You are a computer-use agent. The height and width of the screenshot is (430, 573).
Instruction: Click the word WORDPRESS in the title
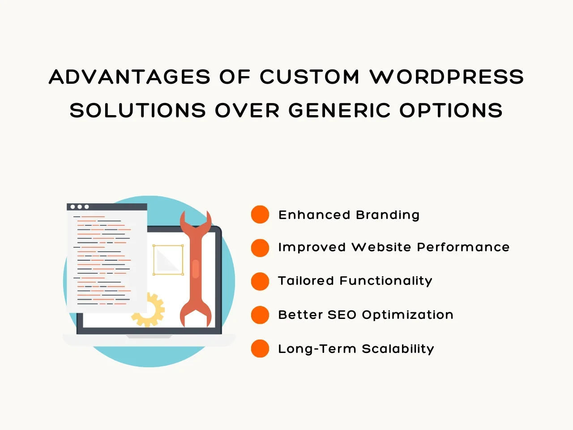tap(447, 77)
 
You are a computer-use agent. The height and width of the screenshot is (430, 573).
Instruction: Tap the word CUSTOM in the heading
tap(310, 77)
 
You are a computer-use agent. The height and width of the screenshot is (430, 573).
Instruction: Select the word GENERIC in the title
tap(339, 110)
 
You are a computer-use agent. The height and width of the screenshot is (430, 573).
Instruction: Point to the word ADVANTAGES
tap(129, 77)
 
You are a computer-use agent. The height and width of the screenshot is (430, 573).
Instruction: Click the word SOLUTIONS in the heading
tap(138, 110)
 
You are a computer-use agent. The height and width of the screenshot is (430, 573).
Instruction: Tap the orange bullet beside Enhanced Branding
tap(260, 215)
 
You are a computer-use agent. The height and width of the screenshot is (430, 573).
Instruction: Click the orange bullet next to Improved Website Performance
tap(260, 248)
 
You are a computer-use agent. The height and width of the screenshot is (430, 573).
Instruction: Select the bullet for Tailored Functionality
tap(260, 281)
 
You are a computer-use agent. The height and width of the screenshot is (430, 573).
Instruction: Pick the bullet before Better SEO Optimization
tap(260, 315)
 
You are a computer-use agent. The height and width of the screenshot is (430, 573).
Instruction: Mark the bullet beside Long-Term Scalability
tap(260, 348)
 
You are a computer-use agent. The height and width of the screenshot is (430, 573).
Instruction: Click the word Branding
tap(388, 215)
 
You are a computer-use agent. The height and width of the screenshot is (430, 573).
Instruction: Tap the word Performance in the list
tap(463, 247)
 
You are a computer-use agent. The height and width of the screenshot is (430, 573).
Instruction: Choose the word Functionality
tap(386, 281)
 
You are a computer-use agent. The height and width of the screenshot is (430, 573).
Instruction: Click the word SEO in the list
tap(342, 315)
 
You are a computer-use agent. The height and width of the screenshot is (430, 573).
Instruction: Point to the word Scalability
tap(398, 349)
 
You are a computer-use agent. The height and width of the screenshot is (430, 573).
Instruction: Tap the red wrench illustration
tap(196, 269)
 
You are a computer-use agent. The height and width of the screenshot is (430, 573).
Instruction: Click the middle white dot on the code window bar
tap(80, 207)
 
